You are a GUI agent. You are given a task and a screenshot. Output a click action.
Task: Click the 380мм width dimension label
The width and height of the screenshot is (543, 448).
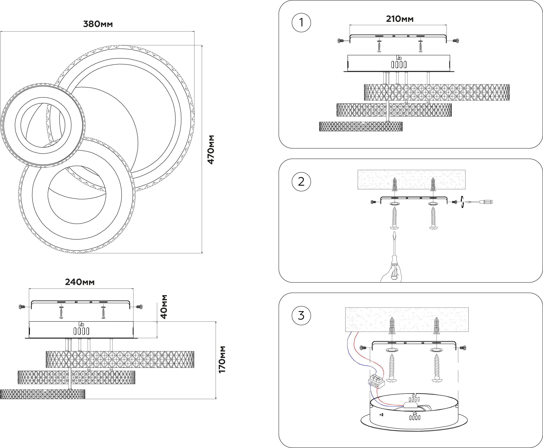tap(98, 24)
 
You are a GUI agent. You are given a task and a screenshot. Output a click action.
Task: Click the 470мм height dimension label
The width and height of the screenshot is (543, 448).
tap(211, 149)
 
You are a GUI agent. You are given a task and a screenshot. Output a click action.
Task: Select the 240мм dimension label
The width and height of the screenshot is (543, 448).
tap(80, 282)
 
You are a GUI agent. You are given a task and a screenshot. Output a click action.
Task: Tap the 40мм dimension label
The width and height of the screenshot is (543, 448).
tap(164, 307)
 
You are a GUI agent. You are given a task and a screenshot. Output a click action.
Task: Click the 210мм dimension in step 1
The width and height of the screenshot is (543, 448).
tap(400, 19)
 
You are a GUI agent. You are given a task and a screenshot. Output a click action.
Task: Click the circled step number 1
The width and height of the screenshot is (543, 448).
tap(301, 23)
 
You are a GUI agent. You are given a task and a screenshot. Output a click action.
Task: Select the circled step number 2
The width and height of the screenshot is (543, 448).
tap(301, 182)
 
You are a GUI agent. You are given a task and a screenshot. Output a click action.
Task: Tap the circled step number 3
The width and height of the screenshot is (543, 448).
tap(301, 315)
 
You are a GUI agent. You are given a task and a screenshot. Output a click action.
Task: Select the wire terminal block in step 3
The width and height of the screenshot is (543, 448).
tap(376, 381)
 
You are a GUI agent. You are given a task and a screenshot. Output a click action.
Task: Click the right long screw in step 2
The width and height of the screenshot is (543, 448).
tap(433, 218)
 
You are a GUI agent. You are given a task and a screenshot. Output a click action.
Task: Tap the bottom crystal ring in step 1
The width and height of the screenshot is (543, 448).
tap(361, 126)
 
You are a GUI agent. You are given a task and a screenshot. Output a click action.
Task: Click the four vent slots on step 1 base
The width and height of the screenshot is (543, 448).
tap(399, 64)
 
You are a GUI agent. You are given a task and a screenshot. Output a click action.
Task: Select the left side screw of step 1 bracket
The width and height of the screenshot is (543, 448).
tap(341, 41)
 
